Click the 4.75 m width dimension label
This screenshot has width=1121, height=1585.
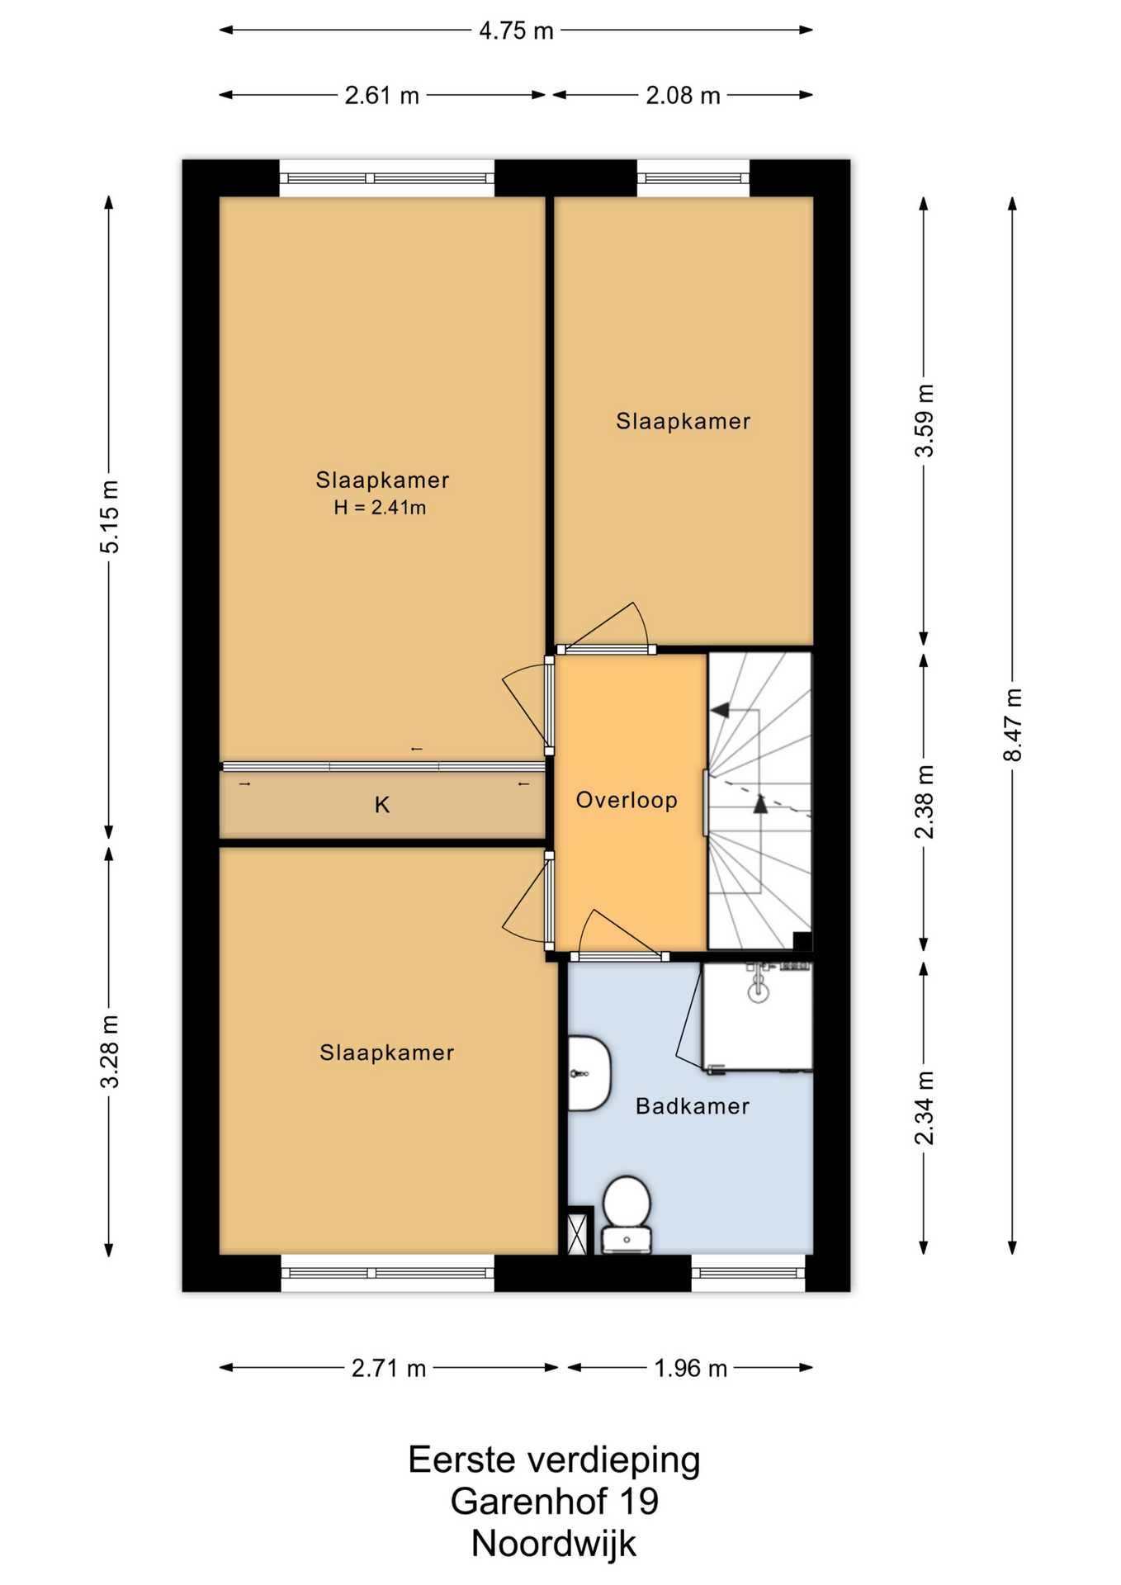(x=516, y=31)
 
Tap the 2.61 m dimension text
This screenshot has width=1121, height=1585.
(x=381, y=96)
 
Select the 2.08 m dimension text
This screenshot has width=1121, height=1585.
(x=683, y=96)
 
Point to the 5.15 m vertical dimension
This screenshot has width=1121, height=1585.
(x=109, y=516)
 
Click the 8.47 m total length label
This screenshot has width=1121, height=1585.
(x=1013, y=725)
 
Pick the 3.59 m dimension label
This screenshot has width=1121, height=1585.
(x=925, y=420)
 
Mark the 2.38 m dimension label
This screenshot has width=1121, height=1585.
(x=925, y=802)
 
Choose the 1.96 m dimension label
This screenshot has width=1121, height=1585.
(x=691, y=1369)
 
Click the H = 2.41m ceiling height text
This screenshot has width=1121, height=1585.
(x=380, y=508)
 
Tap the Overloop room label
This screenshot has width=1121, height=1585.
(x=627, y=800)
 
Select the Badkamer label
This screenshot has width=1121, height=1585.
(x=693, y=1106)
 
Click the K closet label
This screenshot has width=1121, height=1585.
(x=381, y=805)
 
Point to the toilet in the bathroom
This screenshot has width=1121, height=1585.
(x=627, y=1214)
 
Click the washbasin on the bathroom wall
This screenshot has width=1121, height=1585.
(x=589, y=1073)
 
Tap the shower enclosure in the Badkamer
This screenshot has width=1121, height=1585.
(x=757, y=1018)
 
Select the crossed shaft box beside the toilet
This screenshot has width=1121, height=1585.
(x=580, y=1231)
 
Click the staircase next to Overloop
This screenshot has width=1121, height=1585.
(x=760, y=802)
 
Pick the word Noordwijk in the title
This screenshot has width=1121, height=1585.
(x=554, y=1544)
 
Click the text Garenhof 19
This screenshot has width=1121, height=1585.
(x=554, y=1502)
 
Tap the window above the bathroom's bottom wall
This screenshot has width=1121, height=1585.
(x=748, y=1273)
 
